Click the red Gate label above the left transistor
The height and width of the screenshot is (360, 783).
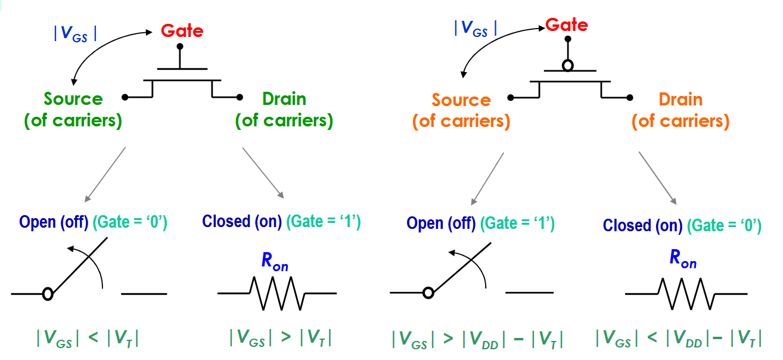tap(182, 31)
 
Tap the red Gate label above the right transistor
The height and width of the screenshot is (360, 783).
tap(567, 25)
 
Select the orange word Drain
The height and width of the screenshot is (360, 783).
tap(681, 100)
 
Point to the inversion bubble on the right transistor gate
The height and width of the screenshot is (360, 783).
tap(568, 66)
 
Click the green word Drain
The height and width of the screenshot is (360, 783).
tap(284, 99)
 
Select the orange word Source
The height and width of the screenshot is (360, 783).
tap(461, 100)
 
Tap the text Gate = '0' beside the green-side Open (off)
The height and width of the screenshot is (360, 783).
tap(130, 222)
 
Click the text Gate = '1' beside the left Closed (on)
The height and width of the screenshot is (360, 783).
tap(324, 222)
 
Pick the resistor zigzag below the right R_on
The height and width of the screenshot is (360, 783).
tap(686, 293)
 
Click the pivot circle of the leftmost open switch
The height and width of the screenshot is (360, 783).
tap(48, 293)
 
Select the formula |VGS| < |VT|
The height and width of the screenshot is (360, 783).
tap(88, 339)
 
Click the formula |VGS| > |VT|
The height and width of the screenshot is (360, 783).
tap(280, 338)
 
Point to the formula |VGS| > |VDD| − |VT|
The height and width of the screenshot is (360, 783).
tap(477, 339)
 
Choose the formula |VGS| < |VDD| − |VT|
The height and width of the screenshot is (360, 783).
tap(679, 339)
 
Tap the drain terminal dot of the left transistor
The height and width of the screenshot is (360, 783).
tap(240, 97)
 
